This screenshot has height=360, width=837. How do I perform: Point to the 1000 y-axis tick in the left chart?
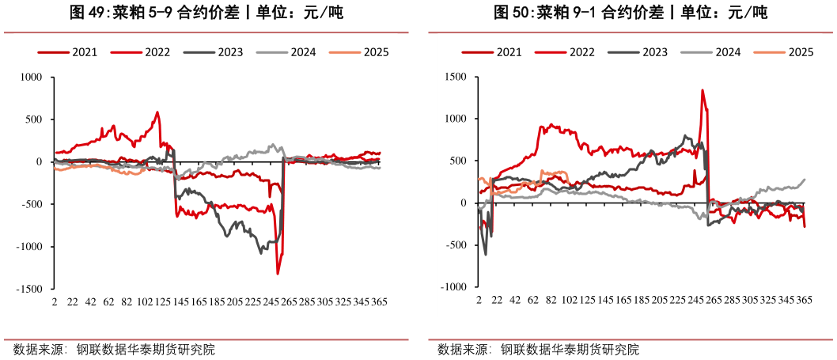coord(34,78)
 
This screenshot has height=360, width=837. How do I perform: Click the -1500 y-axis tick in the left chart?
coord(32,289)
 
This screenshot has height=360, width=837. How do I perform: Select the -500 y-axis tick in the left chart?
coord(34,204)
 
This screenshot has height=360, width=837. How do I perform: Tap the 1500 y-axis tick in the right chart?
coord(457,78)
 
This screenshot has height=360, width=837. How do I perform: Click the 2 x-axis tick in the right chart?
coord(479,302)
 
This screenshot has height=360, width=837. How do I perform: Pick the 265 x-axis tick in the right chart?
coord(712,302)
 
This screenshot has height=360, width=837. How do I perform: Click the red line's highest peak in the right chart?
coord(703,90)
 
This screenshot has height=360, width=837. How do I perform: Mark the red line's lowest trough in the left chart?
coord(278,274)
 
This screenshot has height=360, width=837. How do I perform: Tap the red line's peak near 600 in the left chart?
coord(157,112)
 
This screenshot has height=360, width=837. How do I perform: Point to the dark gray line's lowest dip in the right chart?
coord(485,254)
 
